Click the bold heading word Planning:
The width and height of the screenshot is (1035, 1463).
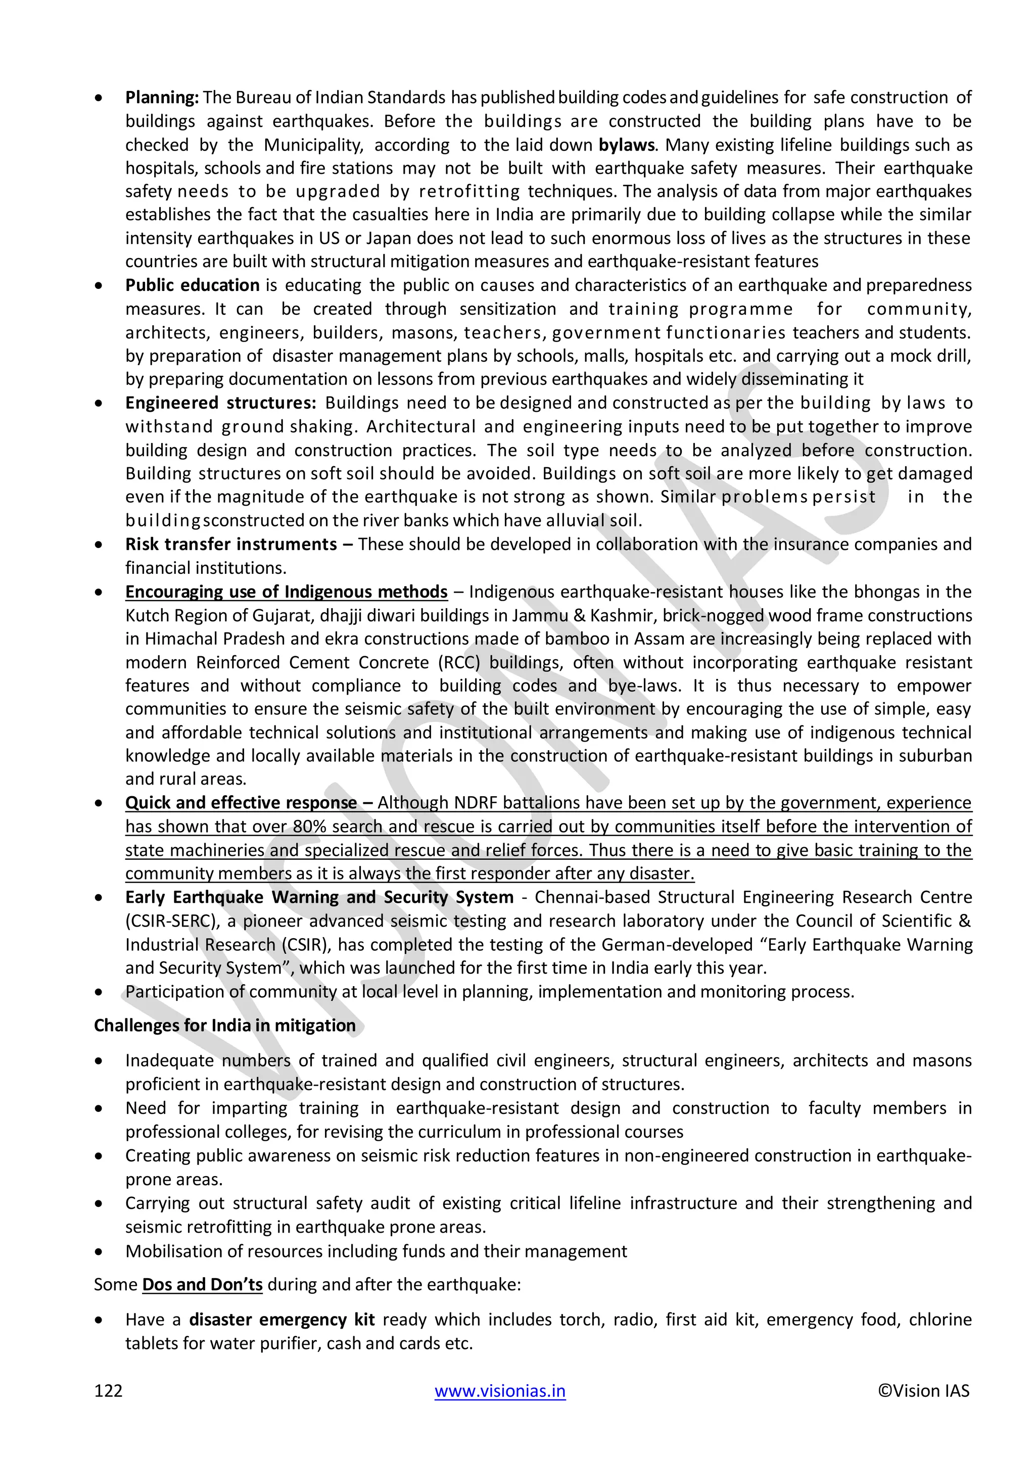click(162, 97)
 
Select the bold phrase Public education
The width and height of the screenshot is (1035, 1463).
click(192, 285)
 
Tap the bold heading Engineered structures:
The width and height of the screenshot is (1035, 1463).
click(220, 403)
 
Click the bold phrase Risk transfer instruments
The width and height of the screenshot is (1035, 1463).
click(231, 545)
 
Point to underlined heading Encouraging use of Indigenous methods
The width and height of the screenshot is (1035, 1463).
click(286, 592)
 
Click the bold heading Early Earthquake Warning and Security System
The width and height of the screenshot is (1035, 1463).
click(319, 898)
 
